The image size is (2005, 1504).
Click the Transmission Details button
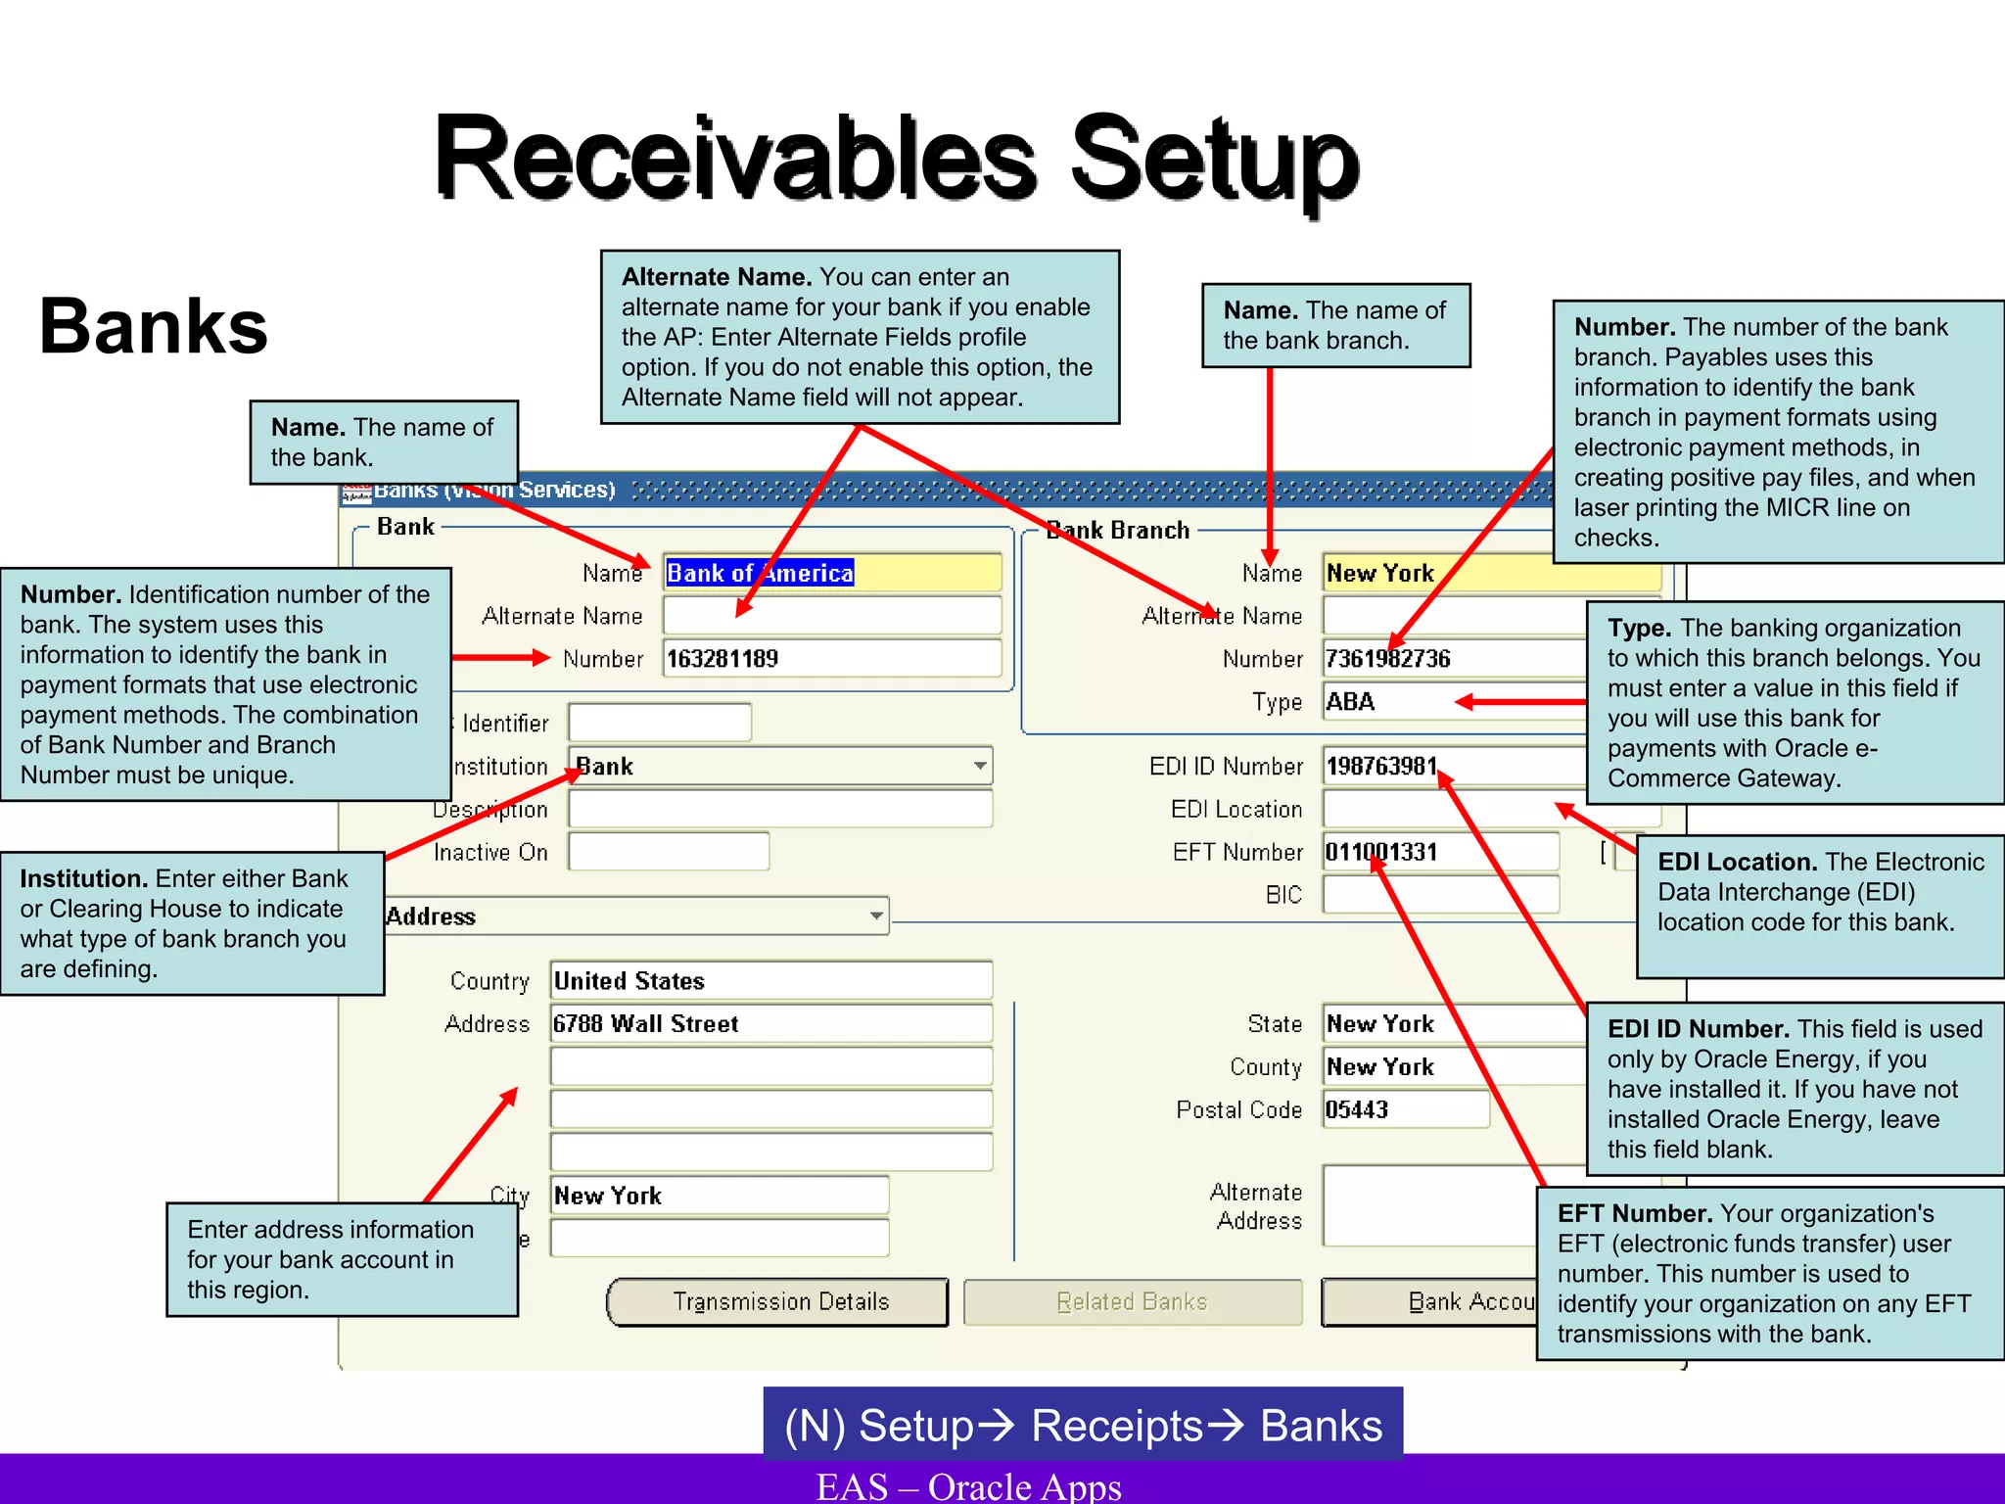point(779,1301)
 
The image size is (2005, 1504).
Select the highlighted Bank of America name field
point(760,573)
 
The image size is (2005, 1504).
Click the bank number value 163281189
point(723,658)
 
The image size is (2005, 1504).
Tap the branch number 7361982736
point(1387,658)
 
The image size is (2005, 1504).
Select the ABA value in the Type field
point(1351,701)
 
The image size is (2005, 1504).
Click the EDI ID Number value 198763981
point(1380,766)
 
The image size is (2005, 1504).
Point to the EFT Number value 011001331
point(1381,852)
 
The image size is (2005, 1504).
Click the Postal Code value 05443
point(1357,1109)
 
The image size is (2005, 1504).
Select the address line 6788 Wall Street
point(646,1023)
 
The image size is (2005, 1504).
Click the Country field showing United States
point(629,980)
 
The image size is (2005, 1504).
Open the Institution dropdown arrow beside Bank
point(979,766)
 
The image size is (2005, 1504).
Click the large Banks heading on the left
point(154,327)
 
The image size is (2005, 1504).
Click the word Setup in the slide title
point(1214,159)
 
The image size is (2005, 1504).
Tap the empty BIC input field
point(1439,894)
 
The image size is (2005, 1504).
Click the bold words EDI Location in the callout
point(1737,862)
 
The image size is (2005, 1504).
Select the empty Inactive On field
point(668,852)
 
